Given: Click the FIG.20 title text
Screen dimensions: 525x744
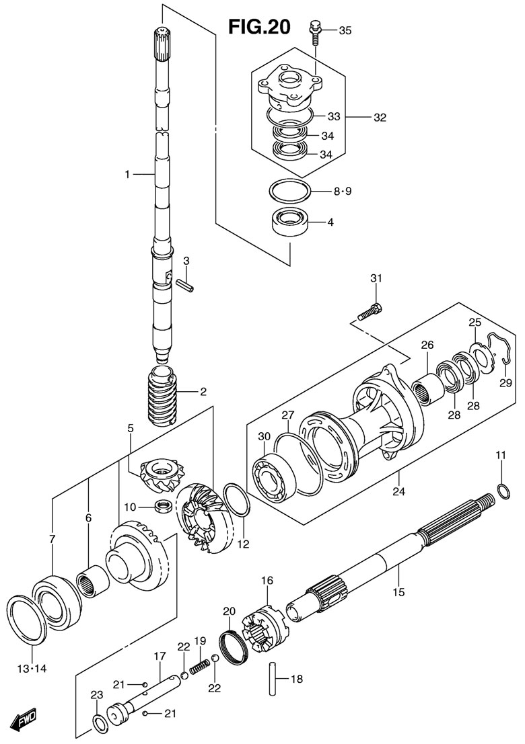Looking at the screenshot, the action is click(x=259, y=26).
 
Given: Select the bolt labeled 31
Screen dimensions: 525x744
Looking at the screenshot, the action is click(x=370, y=311).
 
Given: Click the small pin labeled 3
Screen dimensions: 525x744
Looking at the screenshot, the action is click(x=184, y=286).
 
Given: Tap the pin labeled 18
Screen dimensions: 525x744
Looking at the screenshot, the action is click(x=272, y=679).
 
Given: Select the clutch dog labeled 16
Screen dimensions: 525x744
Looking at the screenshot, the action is click(x=262, y=626).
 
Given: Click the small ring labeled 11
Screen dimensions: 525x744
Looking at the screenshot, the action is click(x=505, y=490).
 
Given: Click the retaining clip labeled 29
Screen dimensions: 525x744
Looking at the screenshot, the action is click(x=498, y=349).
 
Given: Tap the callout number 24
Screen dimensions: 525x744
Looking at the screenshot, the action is click(x=399, y=491).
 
